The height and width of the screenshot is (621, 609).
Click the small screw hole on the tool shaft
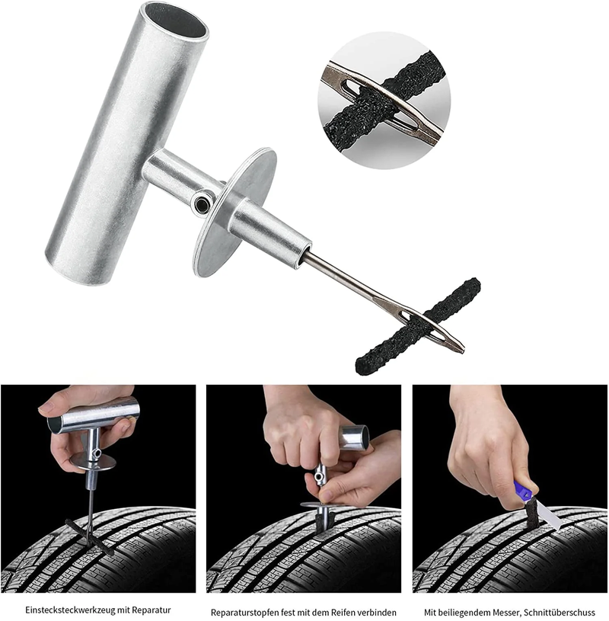[201, 203]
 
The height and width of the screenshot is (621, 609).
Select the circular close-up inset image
[384, 97]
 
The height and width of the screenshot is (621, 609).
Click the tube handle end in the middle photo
[356, 438]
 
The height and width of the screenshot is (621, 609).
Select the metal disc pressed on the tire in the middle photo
[324, 504]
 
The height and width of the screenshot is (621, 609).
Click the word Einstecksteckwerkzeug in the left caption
[72, 611]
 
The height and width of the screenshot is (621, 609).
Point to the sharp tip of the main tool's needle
[461, 351]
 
